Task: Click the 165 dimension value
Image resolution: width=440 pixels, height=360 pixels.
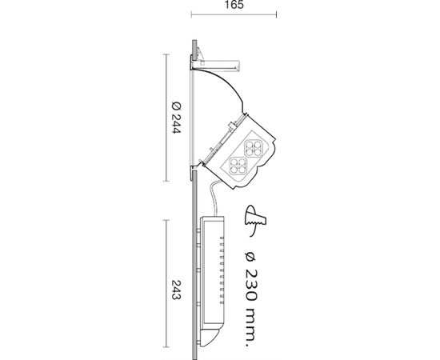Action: (234, 5)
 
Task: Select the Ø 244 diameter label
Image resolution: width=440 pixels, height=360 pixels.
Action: (176, 118)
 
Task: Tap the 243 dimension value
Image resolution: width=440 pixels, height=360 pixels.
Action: (176, 290)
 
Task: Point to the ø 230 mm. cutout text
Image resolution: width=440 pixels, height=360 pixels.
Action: (250, 300)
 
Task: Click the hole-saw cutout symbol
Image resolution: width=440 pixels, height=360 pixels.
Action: (255, 220)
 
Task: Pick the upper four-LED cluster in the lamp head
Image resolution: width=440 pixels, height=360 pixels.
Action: (254, 148)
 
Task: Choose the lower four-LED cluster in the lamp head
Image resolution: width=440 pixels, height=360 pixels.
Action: (238, 166)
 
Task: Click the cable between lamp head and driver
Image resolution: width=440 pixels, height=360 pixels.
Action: (214, 198)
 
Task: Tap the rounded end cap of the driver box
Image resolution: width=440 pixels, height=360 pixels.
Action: (210, 338)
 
